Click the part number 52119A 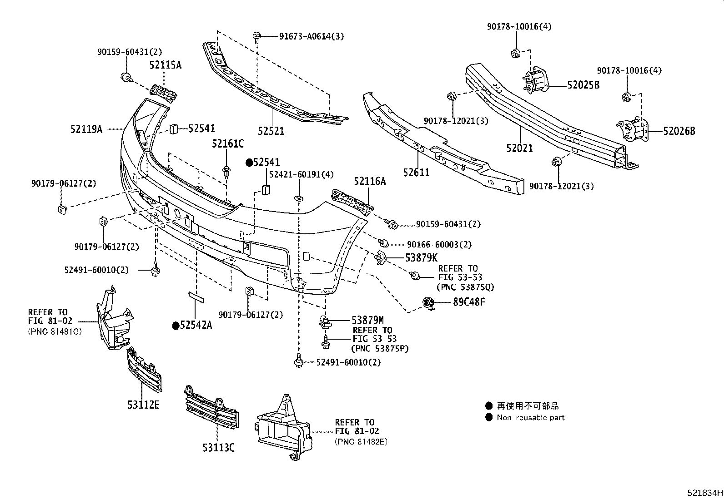click(x=85, y=129)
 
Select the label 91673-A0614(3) click(x=311, y=36)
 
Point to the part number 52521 click(x=271, y=131)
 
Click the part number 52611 click(x=416, y=172)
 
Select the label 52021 click(x=519, y=148)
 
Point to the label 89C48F click(x=468, y=301)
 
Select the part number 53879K click(x=421, y=258)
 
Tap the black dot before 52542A click(x=175, y=325)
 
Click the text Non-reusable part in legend click(x=530, y=418)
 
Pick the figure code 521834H click(x=704, y=493)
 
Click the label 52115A click(x=165, y=65)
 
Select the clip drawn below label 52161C click(x=226, y=172)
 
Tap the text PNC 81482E click(x=361, y=441)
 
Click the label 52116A click(x=370, y=182)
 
